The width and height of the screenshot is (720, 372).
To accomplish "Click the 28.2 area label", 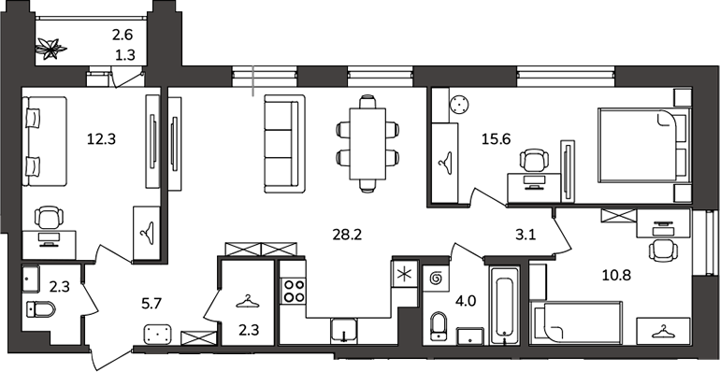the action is tap(347, 236).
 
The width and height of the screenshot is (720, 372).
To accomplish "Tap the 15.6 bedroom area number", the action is tap(496, 138).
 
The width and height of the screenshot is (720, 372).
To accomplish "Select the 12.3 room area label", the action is tap(102, 138).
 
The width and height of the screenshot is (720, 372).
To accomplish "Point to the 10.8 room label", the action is tap(617, 276).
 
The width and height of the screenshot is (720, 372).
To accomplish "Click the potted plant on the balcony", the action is tap(51, 49).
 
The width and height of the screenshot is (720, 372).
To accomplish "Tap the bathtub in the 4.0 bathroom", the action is tap(504, 305).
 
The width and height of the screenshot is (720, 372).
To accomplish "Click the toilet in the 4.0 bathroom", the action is tap(439, 326).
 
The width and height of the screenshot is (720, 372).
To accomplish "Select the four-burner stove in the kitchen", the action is tap(294, 291).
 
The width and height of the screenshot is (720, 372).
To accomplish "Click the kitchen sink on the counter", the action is tap(343, 331).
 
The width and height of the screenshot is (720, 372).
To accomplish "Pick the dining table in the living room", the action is tap(367, 143).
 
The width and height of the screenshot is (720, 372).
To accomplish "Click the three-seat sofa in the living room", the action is tap(284, 144).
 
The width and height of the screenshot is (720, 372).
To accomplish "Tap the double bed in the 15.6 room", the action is tap(644, 146).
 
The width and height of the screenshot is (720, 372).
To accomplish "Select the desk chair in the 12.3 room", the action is tap(50, 218).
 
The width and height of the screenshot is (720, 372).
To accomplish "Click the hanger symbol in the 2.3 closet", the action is tap(248, 301).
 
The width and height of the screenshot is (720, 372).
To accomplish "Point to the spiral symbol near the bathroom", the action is tap(436, 279).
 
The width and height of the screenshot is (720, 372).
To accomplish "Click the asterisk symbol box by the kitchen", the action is tap(404, 274).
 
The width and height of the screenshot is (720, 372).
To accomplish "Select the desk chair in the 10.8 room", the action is tap(663, 250).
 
